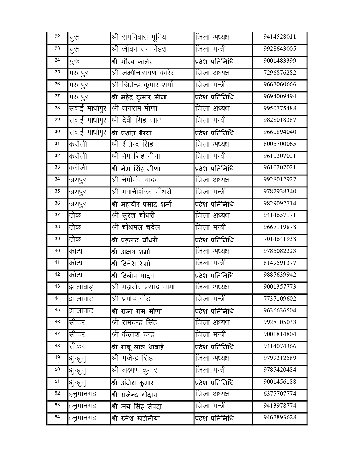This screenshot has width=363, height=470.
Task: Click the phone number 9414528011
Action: pos(280,37)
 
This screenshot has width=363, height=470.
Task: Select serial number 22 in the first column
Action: pos(57,36)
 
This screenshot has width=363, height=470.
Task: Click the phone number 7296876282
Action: pos(280,73)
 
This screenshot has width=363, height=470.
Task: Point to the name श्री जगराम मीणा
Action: pos(135,109)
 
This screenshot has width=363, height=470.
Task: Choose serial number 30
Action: pos(57,131)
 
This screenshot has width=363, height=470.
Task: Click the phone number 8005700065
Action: pos(280,144)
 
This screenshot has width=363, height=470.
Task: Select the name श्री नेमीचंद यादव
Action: pos(135,180)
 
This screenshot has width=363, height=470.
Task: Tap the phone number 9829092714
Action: pos(280,203)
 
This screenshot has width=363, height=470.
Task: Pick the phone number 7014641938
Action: pos(280,239)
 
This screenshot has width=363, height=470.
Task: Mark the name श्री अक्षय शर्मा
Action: pos(131,252)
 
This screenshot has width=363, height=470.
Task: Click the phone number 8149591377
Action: pos(280,263)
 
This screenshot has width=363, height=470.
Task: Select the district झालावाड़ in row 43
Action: pos(81,287)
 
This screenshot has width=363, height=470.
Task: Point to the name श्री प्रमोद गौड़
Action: pos(131,299)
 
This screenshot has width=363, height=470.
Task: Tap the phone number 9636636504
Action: pos(280,310)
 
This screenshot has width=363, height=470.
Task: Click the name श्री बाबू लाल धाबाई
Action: pos(138,347)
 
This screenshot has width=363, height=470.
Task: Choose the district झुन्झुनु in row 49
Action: pos(78,358)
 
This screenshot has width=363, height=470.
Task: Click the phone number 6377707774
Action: pos(280,394)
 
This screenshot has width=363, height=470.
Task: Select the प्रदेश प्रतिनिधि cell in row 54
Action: pos(214,418)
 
